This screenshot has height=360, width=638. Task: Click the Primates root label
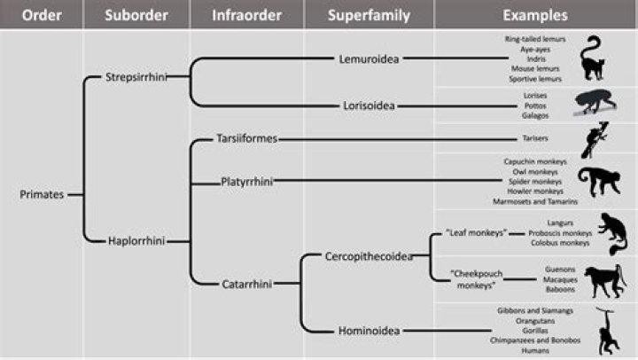(x=41, y=194)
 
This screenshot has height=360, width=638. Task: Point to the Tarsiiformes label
(x=247, y=139)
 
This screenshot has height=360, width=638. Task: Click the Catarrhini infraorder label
(x=246, y=284)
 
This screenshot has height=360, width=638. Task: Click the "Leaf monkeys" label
(x=477, y=233)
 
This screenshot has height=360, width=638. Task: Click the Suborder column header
(x=136, y=15)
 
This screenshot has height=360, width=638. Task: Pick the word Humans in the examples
(x=535, y=350)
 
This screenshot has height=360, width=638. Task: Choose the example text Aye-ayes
(x=535, y=51)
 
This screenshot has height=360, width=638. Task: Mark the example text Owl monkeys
(x=535, y=171)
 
